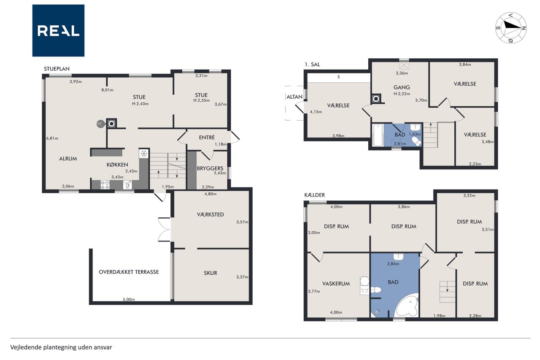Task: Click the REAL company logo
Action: (58, 31)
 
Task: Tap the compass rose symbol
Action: (510, 28)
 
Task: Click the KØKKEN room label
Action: (117, 165)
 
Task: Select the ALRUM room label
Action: (68, 159)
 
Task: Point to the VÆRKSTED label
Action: (210, 214)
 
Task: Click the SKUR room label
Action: (211, 273)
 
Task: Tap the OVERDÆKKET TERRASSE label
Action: (129, 272)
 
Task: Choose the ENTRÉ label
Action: (207, 137)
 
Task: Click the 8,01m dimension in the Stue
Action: (107, 90)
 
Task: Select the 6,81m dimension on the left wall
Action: (52, 138)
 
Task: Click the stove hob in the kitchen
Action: (105, 185)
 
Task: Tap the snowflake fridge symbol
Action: (144, 154)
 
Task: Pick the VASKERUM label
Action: (336, 284)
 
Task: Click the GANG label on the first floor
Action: (402, 87)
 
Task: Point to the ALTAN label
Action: (294, 97)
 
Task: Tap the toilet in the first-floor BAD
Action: (416, 141)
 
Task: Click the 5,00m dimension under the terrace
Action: (129, 300)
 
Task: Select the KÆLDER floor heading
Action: (315, 195)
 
